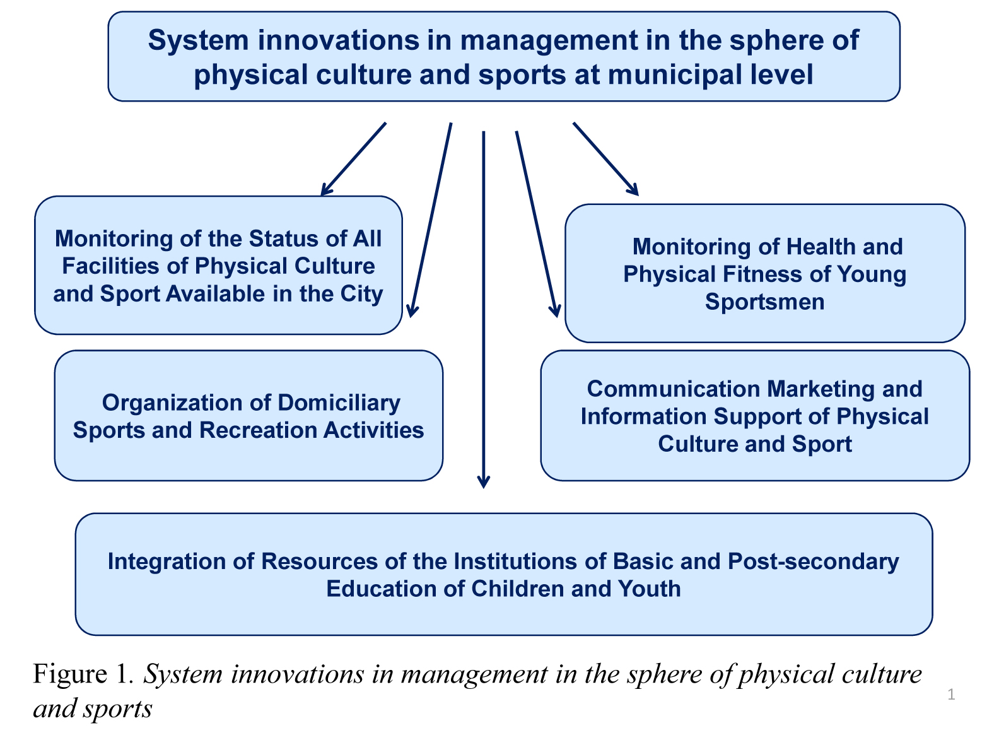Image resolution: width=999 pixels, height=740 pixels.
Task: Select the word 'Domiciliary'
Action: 339,403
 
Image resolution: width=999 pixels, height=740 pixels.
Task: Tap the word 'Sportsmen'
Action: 764,302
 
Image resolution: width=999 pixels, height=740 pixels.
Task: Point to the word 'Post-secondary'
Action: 813,562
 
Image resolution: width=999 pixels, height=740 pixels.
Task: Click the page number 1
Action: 951,694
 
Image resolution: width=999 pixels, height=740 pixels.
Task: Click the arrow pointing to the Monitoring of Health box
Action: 606,159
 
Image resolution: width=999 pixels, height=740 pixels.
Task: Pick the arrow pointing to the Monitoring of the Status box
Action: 354,158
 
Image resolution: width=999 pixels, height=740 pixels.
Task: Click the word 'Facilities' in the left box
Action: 111,266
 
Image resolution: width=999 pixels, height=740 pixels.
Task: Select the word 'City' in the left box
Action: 361,294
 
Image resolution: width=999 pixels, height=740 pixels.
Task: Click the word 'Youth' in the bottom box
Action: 649,589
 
